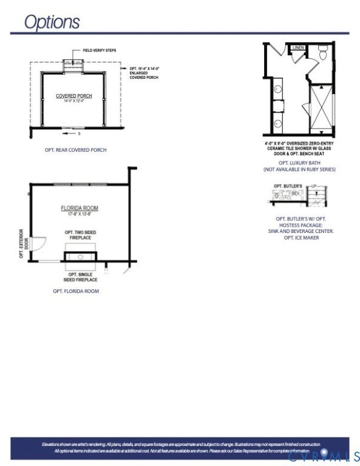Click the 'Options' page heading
(52, 22)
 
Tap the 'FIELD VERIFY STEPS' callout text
(99, 50)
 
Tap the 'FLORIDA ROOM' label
(79, 208)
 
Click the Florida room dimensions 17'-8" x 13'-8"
(79, 214)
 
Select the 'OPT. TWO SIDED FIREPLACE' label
(80, 235)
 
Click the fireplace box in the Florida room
(81, 256)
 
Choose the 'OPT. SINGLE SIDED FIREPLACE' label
(81, 277)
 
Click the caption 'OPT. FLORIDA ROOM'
(76, 291)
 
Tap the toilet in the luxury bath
(323, 55)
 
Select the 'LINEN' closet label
(298, 47)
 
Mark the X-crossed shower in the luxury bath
(322, 109)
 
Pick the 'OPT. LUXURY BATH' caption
(299, 163)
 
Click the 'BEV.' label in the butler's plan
(296, 193)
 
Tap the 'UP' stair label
(314, 186)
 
